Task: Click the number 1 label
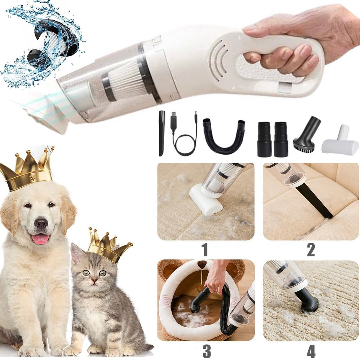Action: point(205,250)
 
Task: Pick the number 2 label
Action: point(311,250)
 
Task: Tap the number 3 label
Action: point(207,351)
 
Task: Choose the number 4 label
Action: point(311,351)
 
